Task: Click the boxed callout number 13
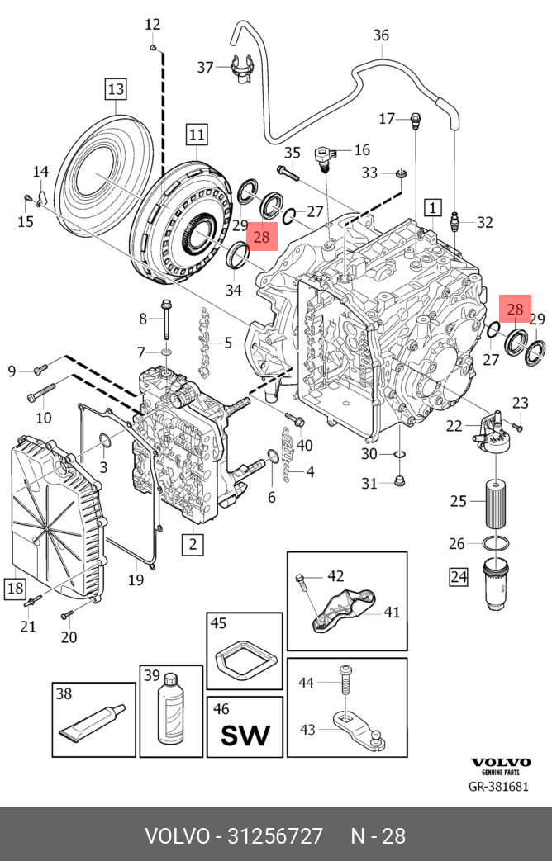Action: point(116,88)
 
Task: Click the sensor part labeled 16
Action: point(324,158)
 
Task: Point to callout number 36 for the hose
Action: point(380,35)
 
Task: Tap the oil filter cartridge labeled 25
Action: point(495,503)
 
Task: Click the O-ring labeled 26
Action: point(495,544)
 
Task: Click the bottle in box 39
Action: point(171,708)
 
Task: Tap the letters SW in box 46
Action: point(245,736)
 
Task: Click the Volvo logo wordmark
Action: point(500,762)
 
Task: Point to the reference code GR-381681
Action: point(498,787)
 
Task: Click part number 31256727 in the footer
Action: point(275,835)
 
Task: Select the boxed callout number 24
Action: point(459,576)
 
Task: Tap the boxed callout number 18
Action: point(15,588)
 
